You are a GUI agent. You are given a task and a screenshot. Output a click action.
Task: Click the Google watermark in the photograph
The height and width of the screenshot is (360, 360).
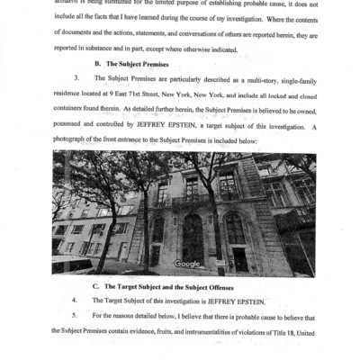point(187,263)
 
